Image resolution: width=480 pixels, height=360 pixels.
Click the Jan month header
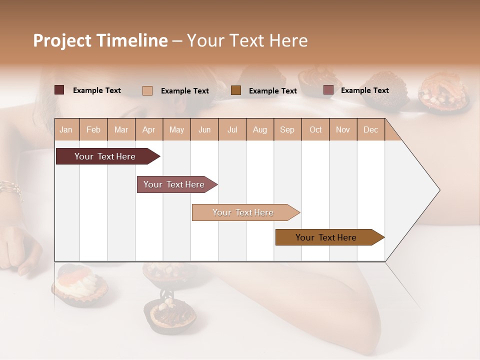pyautogui.click(x=66, y=129)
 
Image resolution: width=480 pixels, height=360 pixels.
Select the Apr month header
pyautogui.click(x=149, y=129)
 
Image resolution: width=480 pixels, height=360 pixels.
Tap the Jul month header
pyautogui.click(x=232, y=129)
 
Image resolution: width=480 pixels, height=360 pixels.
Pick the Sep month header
pyautogui.click(x=287, y=129)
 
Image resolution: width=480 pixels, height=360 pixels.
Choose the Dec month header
pyautogui.click(x=370, y=129)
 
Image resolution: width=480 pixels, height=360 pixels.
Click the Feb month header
pyautogui.click(x=93, y=129)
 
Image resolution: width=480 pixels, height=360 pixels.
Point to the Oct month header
pyautogui.click(x=315, y=129)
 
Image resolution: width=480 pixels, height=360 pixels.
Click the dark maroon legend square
pyautogui.click(x=59, y=90)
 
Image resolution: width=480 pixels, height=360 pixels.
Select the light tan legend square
pyautogui.click(x=147, y=90)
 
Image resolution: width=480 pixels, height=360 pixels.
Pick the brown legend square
pyautogui.click(x=236, y=90)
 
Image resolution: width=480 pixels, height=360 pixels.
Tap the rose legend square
pyautogui.click(x=328, y=90)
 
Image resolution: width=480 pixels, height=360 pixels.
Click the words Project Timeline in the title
pyautogui.click(x=100, y=40)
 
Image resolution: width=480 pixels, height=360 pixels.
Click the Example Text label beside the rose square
pyautogui.click(x=364, y=90)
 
